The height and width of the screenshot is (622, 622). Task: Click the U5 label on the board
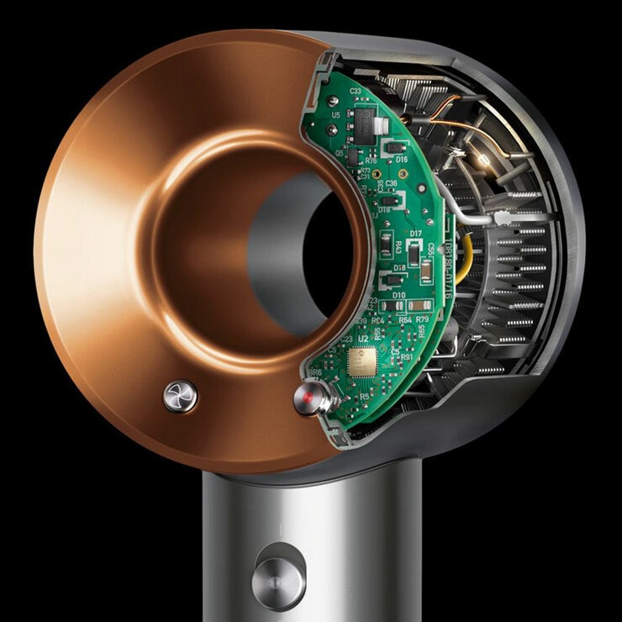(x=336, y=113)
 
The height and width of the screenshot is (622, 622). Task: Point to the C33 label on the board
(x=356, y=91)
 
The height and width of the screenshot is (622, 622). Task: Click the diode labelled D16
(x=395, y=150)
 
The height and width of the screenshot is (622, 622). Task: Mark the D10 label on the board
(x=398, y=295)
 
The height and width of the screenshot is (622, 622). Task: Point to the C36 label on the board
(x=391, y=182)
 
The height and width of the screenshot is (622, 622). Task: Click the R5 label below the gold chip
(x=364, y=395)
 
